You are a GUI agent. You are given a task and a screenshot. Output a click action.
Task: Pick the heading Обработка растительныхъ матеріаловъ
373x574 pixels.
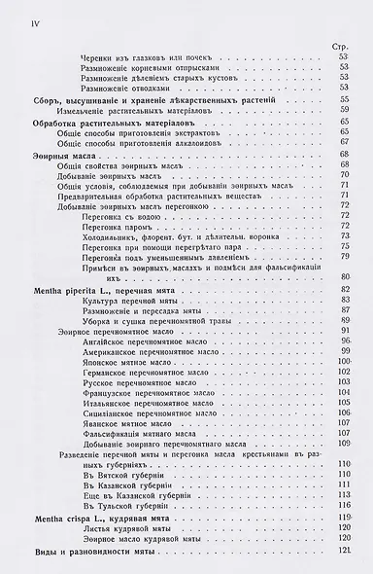(x=107, y=119)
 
